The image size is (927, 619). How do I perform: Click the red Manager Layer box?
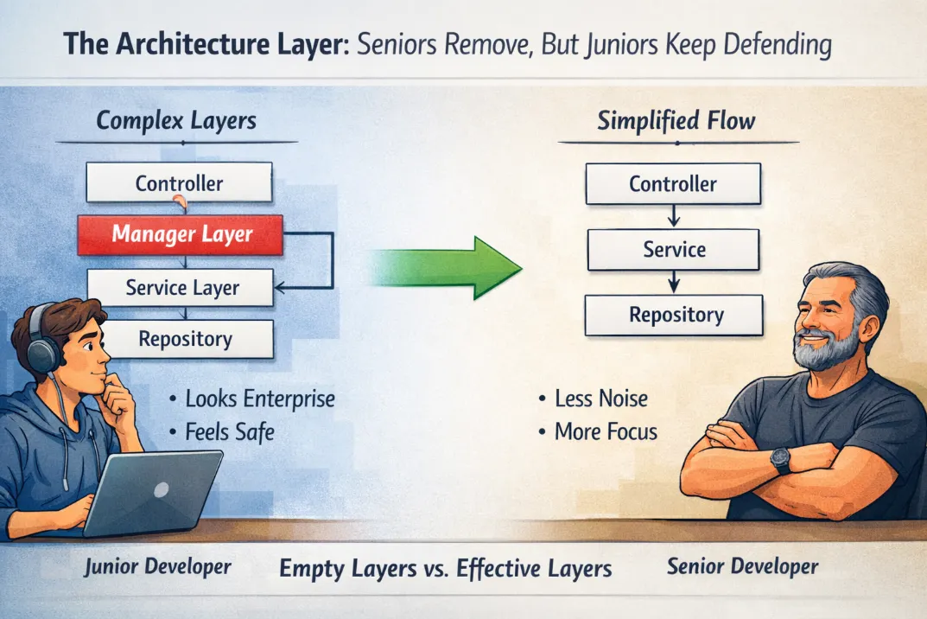tap(181, 235)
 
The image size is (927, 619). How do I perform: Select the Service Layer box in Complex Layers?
tap(181, 288)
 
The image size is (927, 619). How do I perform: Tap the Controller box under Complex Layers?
tap(179, 183)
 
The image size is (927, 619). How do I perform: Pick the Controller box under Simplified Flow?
tap(673, 184)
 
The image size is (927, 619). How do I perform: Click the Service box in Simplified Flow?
tap(673, 250)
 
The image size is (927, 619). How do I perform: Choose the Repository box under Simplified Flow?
tap(674, 316)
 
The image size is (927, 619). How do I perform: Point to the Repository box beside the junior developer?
tap(187, 339)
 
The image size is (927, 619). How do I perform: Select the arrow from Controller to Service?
tap(673, 217)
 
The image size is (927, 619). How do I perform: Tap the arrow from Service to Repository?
tap(673, 283)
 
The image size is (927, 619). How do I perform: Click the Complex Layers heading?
tap(176, 121)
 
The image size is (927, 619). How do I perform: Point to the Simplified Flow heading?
tap(676, 121)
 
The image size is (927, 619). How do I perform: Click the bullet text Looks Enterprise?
tap(260, 399)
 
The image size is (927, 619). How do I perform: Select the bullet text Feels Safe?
tap(230, 432)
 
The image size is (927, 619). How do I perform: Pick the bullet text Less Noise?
tap(601, 399)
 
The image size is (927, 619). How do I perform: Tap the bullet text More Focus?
tap(606, 432)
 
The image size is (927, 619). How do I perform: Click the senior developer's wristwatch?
tap(780, 461)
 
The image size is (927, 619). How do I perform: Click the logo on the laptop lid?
tap(161, 489)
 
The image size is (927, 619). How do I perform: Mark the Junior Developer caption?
tap(157, 567)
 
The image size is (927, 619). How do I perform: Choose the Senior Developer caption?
tap(742, 567)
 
